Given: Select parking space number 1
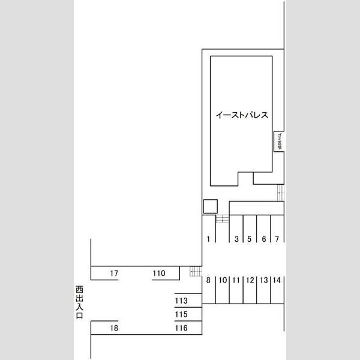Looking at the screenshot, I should tap(208, 239).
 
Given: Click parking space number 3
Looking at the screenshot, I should tap(236, 239).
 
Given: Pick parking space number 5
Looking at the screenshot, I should tap(249, 239).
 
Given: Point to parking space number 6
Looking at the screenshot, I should tap(263, 239).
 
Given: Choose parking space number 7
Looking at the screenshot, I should tap(277, 239).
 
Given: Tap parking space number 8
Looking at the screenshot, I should tap(208, 280).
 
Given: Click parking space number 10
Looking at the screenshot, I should tap(222, 280).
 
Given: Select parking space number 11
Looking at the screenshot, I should tap(236, 280).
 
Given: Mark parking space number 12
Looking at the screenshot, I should tap(250, 280).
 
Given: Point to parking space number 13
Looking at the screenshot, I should tap(263, 280).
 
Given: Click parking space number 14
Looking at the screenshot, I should tap(277, 280).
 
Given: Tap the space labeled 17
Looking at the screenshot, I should tap(114, 274).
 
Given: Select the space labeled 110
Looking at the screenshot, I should tap(158, 274).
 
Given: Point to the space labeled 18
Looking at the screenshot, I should tap(114, 328).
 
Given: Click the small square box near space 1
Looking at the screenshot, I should tap(209, 206).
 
